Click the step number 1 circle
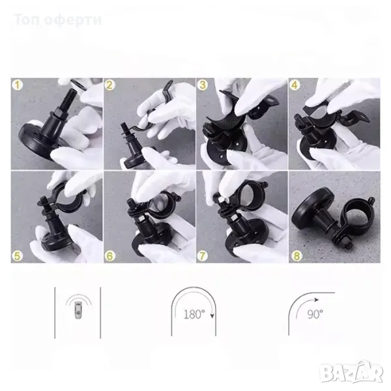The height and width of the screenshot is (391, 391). pyautogui.click(x=17, y=85)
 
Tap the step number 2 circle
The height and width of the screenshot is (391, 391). pyautogui.click(x=109, y=85)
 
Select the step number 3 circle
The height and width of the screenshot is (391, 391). pyautogui.click(x=203, y=85)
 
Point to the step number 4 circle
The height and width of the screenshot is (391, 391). pyautogui.click(x=295, y=85)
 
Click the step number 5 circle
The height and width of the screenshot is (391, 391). pyautogui.click(x=17, y=255)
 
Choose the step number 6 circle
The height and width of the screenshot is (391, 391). pyautogui.click(x=109, y=255)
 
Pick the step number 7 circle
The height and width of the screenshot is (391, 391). pyautogui.click(x=203, y=255)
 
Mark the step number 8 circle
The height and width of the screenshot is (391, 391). pyautogui.click(x=297, y=255)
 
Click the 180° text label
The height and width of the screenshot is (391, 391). pyautogui.click(x=194, y=315)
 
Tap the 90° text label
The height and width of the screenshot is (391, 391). pyautogui.click(x=315, y=314)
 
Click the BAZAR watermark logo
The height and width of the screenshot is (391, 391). pyautogui.click(x=352, y=372)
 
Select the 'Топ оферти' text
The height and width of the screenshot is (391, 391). pyautogui.click(x=57, y=20)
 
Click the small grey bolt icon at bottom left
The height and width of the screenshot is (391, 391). pyautogui.click(x=79, y=310)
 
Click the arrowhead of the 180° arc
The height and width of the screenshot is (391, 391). pyautogui.click(x=212, y=316)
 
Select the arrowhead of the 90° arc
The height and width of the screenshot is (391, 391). pyautogui.click(x=317, y=300)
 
